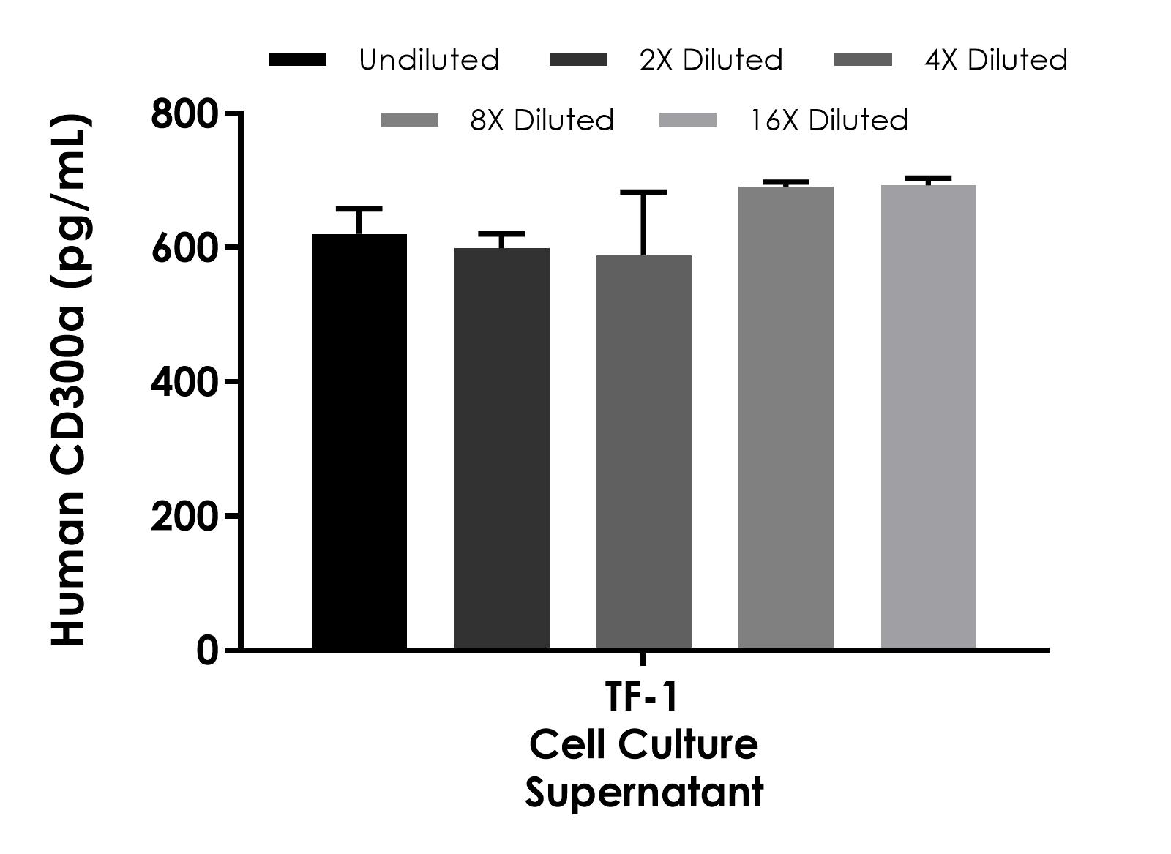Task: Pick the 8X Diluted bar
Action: [x=785, y=417]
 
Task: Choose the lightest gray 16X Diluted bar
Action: [x=928, y=416]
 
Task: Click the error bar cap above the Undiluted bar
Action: [x=359, y=209]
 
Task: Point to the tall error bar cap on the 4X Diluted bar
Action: [x=643, y=192]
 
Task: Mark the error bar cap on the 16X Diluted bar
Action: [x=928, y=178]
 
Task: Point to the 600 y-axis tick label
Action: [x=184, y=249]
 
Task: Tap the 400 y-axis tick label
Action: [x=184, y=382]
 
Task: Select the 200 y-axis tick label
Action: [x=184, y=517]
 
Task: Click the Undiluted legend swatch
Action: [x=298, y=60]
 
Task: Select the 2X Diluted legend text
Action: [x=711, y=60]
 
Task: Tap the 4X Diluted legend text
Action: [x=995, y=60]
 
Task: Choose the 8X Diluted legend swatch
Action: [x=410, y=120]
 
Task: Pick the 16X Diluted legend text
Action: [x=828, y=120]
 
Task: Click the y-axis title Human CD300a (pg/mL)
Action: [x=71, y=381]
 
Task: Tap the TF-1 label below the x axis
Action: [x=643, y=697]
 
